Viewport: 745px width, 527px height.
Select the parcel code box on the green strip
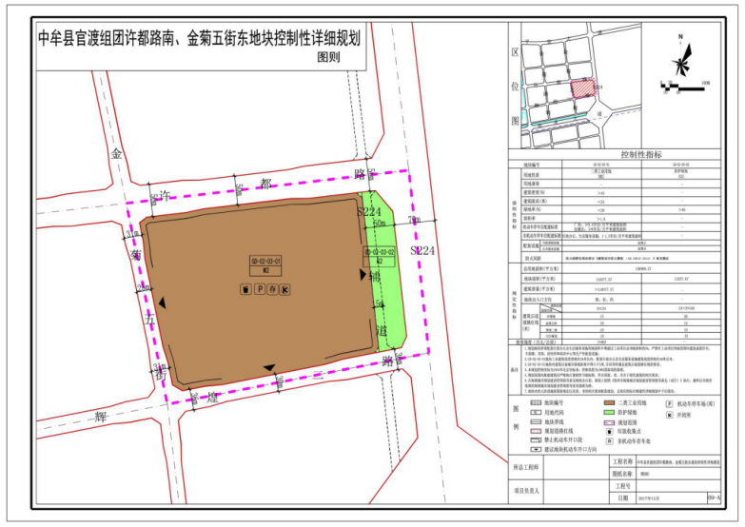tap(380, 254)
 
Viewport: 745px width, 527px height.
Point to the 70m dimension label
tap(413, 221)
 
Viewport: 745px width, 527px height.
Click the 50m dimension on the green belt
tap(381, 224)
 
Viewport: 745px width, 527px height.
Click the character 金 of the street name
tap(118, 154)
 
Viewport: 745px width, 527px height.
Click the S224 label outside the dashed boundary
tap(422, 250)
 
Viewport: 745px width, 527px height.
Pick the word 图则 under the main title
tap(327, 57)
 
